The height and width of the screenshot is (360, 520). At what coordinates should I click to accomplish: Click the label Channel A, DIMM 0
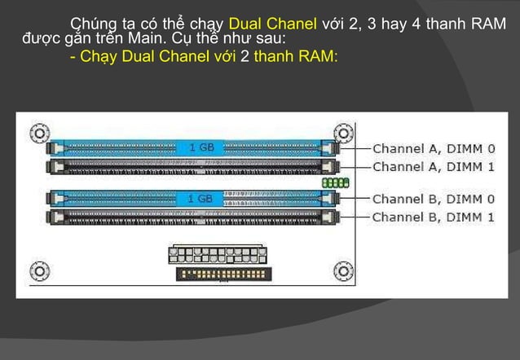click(x=433, y=148)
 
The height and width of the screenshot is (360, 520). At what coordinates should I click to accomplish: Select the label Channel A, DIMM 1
click(x=433, y=166)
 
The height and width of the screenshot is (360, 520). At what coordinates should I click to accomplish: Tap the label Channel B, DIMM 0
click(x=433, y=198)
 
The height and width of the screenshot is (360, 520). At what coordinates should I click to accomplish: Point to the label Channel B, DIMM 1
click(x=433, y=217)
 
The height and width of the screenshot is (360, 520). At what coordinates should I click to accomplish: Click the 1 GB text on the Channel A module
click(x=201, y=148)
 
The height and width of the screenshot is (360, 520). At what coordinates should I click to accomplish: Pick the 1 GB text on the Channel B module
click(x=201, y=198)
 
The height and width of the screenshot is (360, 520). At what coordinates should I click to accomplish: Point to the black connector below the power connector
click(x=204, y=274)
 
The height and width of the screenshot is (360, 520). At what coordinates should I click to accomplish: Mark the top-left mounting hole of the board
click(x=37, y=132)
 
